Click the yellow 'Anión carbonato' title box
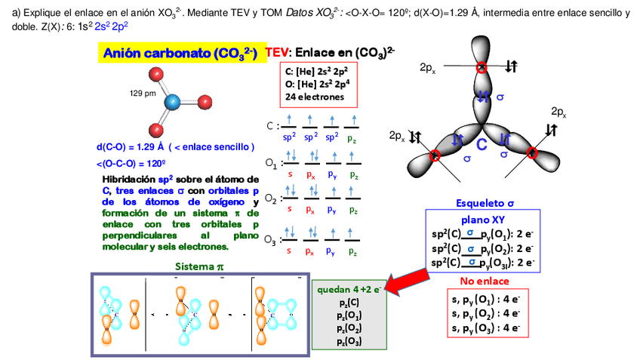tap(180, 54)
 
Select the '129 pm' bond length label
tap(143, 93)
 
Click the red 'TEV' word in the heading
tap(278, 54)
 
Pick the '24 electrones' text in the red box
tap(315, 97)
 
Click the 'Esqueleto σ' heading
tap(485, 203)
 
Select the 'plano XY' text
tap(485, 220)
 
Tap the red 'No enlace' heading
tap(485, 282)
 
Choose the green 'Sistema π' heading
tap(199, 266)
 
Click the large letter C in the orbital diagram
tap(481, 144)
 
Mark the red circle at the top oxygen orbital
tap(482, 68)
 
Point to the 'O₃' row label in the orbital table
tap(270, 241)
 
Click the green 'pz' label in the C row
tap(352, 139)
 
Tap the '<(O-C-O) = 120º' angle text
tap(131, 163)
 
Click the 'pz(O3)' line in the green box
tap(349, 341)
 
